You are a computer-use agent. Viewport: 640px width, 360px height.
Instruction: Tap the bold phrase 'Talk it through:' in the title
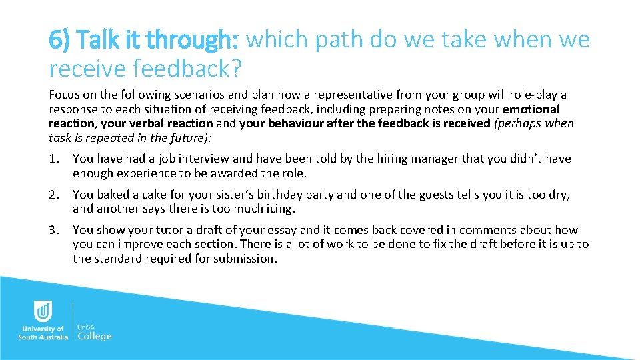tap(144, 40)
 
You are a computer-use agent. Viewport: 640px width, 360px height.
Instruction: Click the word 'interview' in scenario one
tap(204, 159)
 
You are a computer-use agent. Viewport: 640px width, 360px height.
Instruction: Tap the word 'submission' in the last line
tap(244, 259)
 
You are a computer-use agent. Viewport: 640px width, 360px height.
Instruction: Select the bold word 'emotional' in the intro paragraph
tap(531, 109)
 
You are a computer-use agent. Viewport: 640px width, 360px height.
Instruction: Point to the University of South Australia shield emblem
tap(43, 311)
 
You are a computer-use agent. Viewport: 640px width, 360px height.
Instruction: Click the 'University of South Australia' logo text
tap(43, 333)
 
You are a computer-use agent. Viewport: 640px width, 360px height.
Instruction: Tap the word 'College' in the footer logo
tap(95, 336)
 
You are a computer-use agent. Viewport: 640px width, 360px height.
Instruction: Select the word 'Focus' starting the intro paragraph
tap(63, 95)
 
